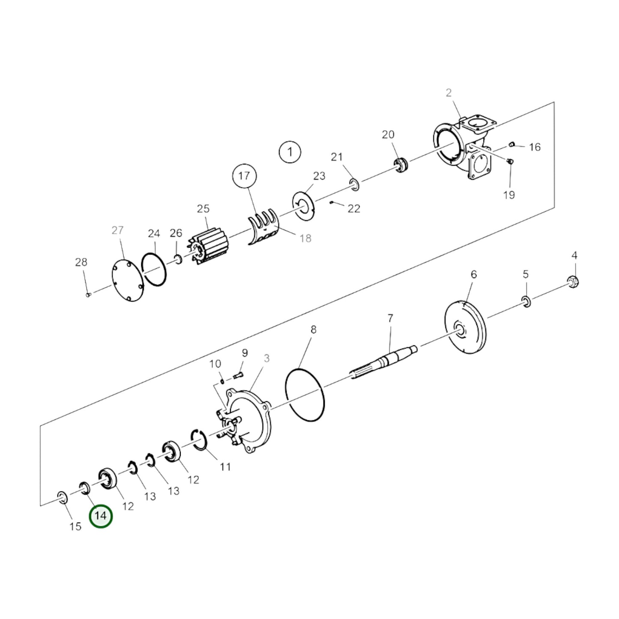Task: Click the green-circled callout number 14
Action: coord(101,525)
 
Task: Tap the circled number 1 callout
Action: coord(290,152)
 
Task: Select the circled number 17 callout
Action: coord(245,176)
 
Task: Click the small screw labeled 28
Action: coord(89,294)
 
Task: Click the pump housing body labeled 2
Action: coord(466,147)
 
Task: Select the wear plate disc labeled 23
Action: coord(303,206)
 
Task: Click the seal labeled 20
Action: coord(401,165)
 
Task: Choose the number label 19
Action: coord(509,195)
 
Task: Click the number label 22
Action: coord(354,209)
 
